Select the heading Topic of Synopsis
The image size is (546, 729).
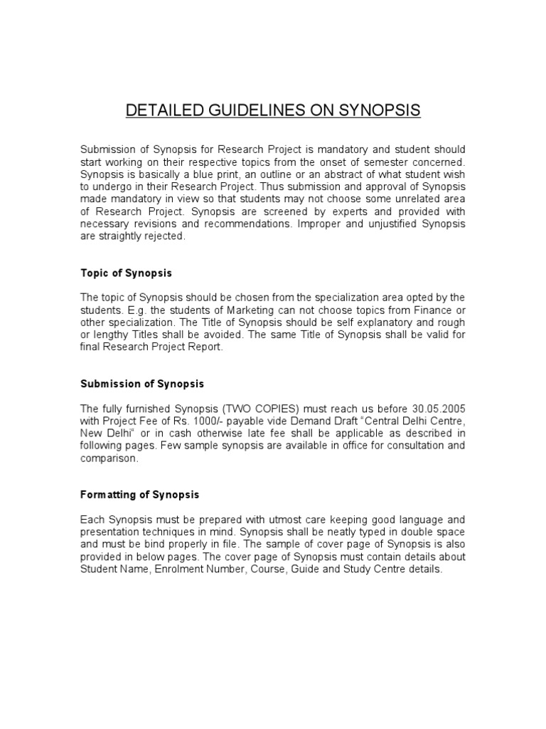[126, 273]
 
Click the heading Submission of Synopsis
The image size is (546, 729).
[141, 384]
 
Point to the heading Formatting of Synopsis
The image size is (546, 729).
[139, 494]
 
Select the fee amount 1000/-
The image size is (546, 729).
[190, 420]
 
